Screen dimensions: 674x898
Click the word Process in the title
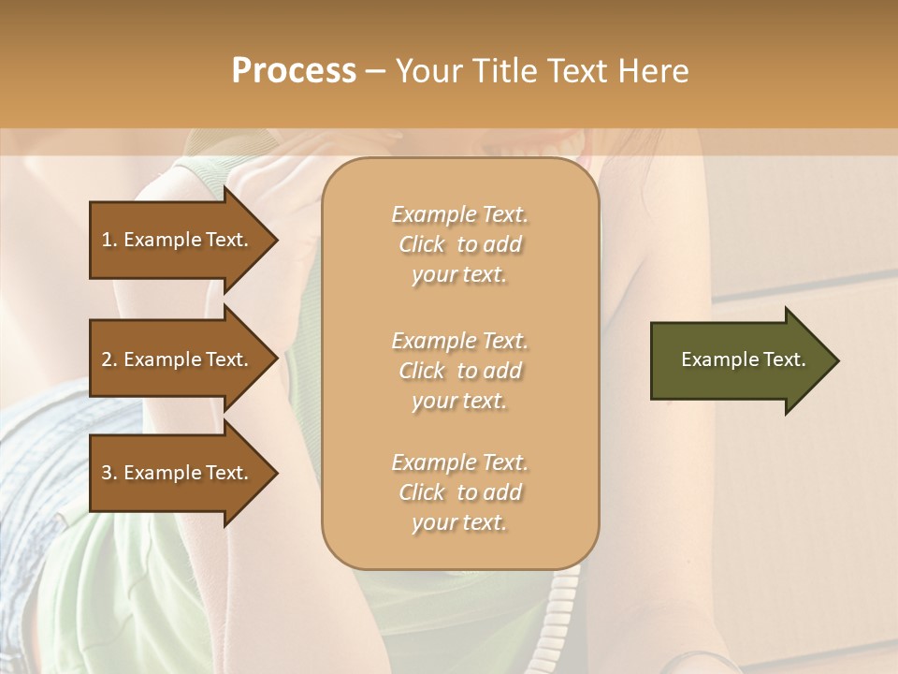click(x=294, y=71)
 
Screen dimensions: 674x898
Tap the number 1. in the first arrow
click(x=109, y=240)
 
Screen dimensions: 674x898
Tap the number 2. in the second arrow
click(x=109, y=359)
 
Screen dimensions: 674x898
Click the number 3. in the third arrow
click(x=109, y=473)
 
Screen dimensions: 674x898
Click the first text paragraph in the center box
click(x=459, y=244)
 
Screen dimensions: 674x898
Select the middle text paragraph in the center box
click(x=459, y=371)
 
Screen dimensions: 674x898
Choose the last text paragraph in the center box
click(x=459, y=492)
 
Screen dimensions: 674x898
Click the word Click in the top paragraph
click(x=422, y=244)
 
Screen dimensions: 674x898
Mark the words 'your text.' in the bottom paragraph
click(x=459, y=522)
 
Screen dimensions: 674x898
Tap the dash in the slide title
click(x=375, y=71)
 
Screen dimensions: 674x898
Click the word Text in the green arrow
click(x=785, y=359)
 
